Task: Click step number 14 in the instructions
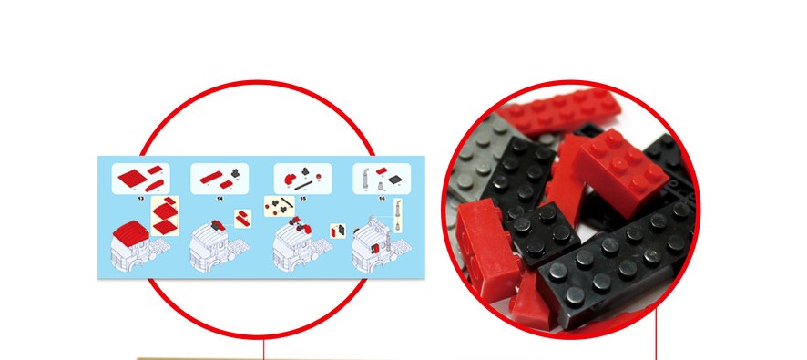point(220,197)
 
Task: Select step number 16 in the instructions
point(381,197)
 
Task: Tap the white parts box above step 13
point(139,177)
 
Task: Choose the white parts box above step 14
point(221,177)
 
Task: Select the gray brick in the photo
point(478,150)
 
